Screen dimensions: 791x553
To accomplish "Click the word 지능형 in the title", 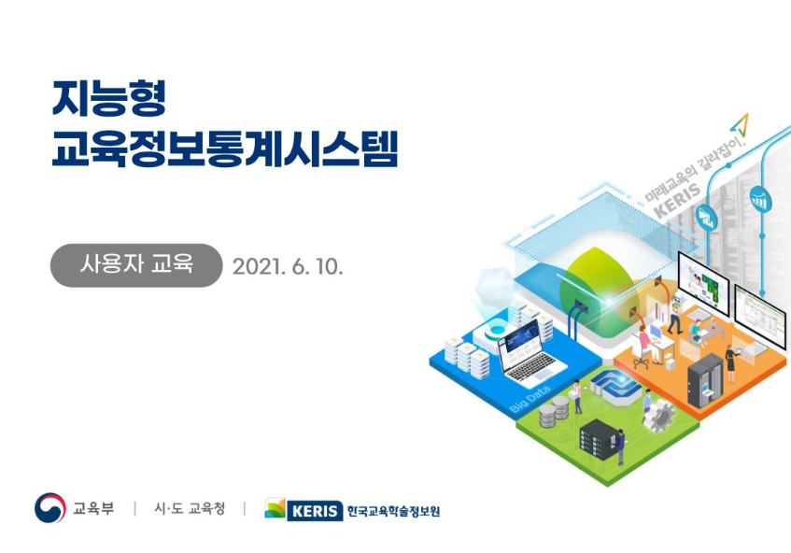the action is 109,99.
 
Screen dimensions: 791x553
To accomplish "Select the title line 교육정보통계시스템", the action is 225,149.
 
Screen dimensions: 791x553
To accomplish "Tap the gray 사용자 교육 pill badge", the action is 136,265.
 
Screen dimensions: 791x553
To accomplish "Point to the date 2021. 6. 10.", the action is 288,266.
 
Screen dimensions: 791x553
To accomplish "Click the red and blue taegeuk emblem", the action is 49,507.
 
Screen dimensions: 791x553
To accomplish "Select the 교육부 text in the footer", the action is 93,508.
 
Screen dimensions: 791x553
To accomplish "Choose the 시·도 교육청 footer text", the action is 190,508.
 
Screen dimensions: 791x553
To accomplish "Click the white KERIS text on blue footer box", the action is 315,512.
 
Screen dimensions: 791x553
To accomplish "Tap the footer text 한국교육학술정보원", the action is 393,512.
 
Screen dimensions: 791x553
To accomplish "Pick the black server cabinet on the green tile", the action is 600,438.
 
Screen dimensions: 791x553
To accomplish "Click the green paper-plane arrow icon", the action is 740,125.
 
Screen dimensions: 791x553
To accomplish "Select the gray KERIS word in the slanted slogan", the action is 677,200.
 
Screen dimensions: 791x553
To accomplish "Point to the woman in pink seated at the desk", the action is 645,345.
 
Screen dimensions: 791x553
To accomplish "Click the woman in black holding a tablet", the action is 730,363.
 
